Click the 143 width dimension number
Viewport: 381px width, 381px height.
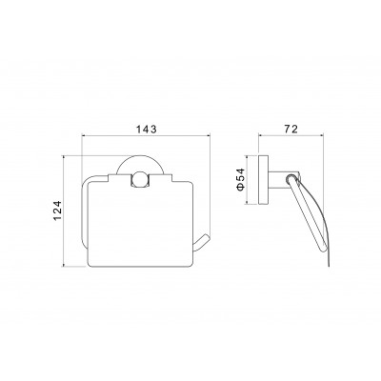[147, 130]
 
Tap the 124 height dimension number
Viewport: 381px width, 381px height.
[56, 211]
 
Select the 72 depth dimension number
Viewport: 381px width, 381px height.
[291, 130]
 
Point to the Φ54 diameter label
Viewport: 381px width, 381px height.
[240, 179]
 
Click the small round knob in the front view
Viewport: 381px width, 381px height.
[140, 179]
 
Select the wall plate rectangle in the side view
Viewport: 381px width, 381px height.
[264, 180]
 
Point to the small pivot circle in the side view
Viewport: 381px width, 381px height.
[291, 178]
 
